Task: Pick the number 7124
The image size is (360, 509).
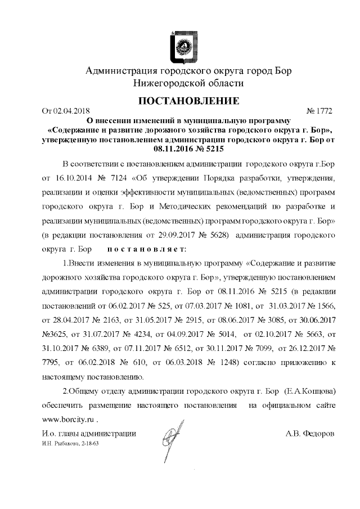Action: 120,179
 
